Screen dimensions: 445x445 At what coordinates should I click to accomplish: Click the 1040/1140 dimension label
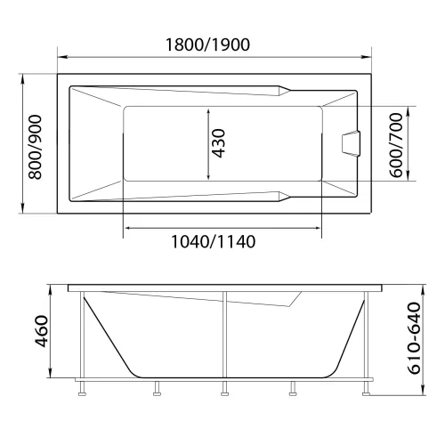click(x=219, y=244)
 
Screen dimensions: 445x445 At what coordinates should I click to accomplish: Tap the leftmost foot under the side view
click(x=82, y=388)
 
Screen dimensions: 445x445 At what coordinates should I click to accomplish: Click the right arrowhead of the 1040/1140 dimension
click(x=319, y=228)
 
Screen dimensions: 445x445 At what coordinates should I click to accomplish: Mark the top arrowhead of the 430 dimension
click(x=208, y=110)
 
